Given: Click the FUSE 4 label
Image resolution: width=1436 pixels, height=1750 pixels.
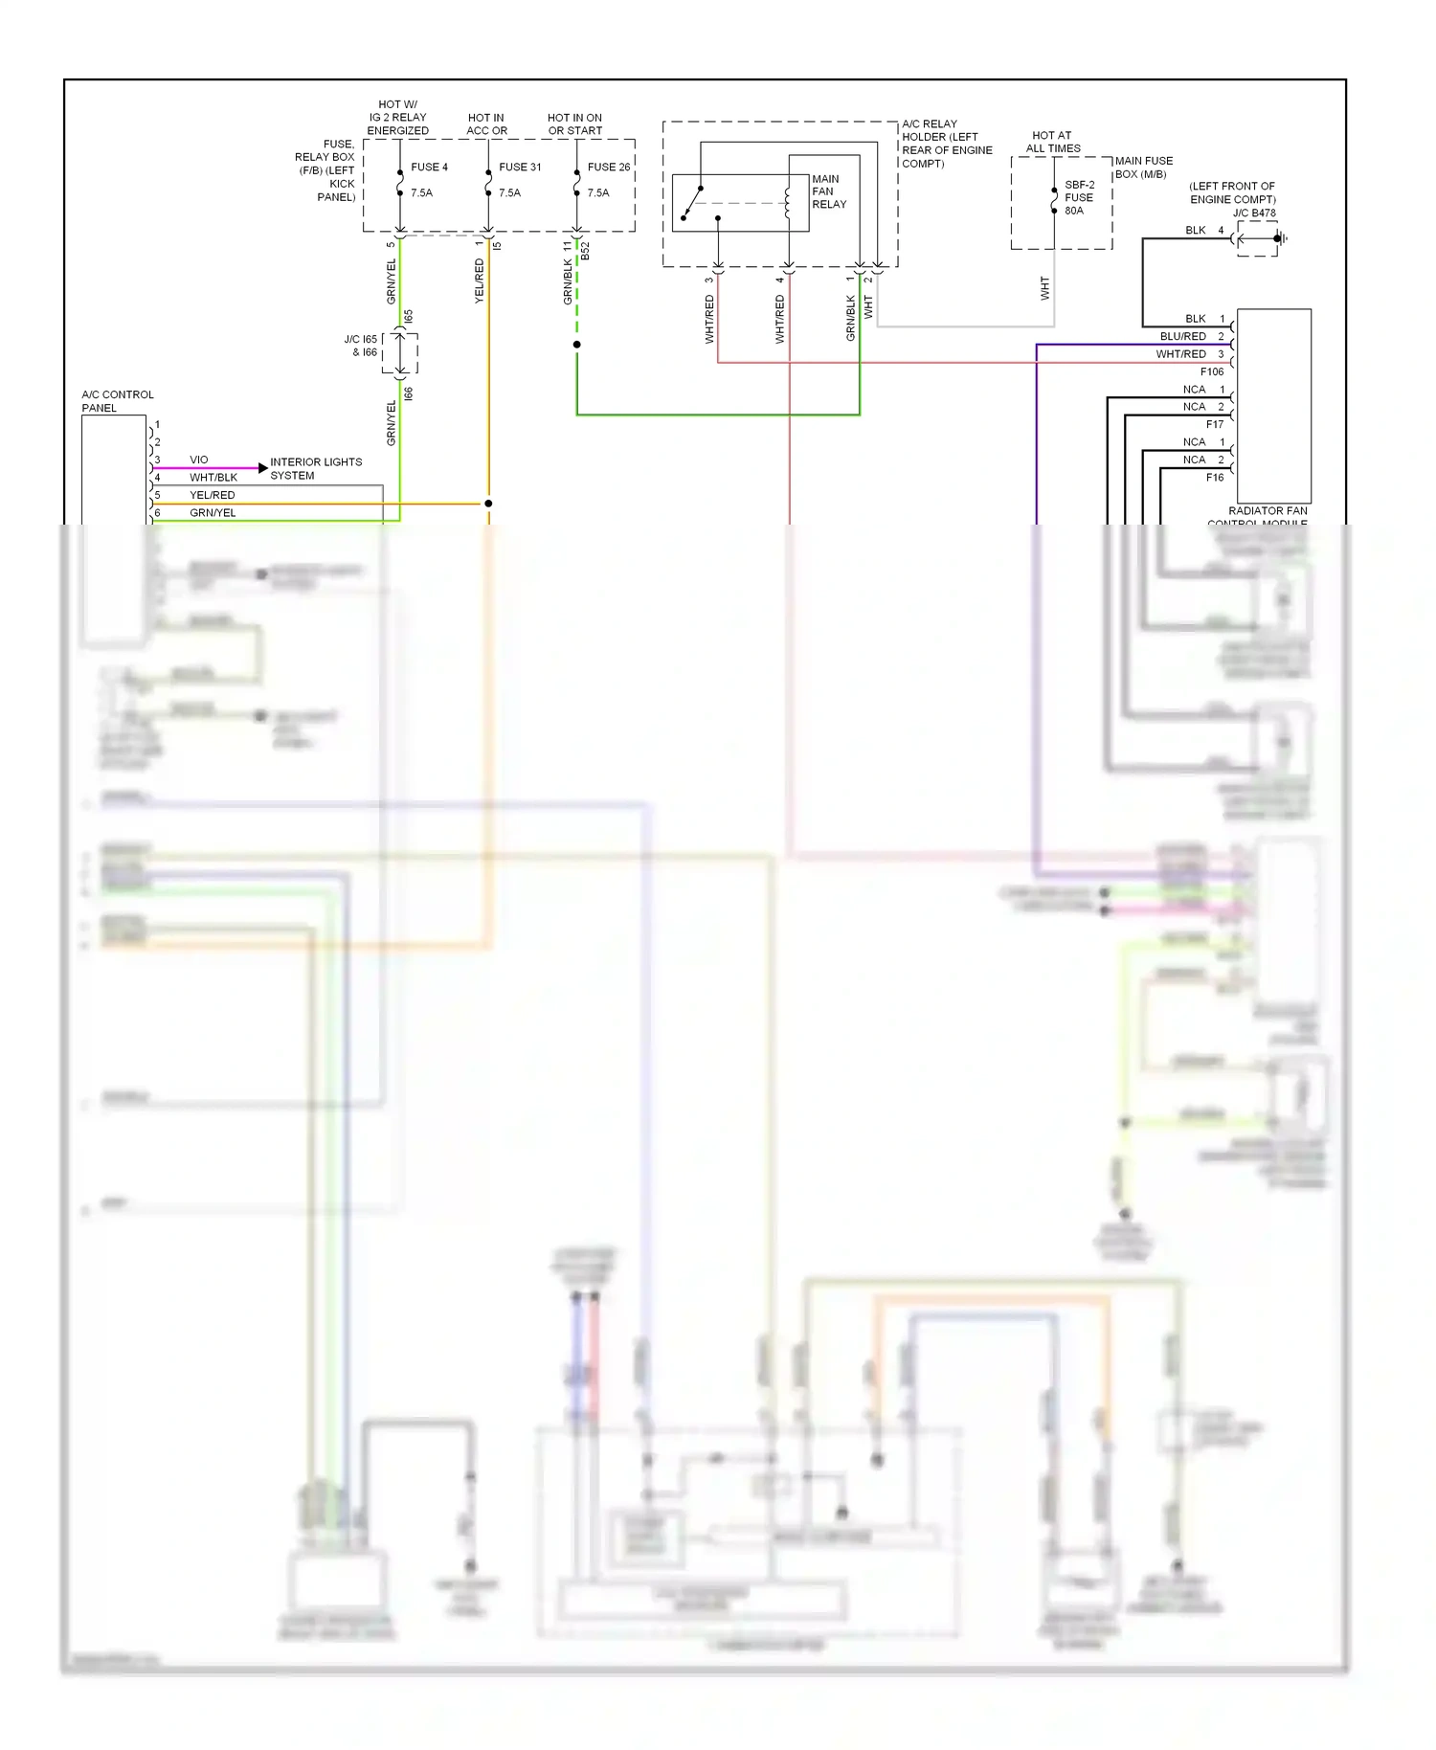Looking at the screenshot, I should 429,167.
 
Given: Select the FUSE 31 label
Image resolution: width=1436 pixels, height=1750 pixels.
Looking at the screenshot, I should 520,167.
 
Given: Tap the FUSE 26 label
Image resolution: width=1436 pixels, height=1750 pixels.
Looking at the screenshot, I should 609,167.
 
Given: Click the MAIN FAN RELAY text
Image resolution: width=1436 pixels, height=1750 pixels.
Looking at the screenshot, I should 828,191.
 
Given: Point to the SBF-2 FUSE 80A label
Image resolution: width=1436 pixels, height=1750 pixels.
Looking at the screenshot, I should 1079,197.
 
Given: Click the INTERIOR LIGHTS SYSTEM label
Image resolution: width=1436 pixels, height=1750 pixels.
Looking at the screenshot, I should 315,468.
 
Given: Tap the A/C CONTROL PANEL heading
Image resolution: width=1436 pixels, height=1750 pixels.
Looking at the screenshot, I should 117,400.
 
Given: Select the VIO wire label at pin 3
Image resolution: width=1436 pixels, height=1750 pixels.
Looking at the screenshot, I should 198,460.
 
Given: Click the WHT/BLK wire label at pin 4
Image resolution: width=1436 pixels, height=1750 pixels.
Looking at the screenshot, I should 213,477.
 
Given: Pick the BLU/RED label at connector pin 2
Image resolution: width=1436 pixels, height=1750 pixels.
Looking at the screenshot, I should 1182,336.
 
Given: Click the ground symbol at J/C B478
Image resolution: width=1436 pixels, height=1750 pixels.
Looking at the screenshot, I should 1281,238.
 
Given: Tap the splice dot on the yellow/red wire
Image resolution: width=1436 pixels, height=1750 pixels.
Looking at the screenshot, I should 488,503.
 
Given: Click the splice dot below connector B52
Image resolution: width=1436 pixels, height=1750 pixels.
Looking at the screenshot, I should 576,344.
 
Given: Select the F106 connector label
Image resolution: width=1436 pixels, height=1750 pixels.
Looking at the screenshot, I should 1211,371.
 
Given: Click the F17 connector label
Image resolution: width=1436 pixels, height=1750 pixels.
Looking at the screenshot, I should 1214,424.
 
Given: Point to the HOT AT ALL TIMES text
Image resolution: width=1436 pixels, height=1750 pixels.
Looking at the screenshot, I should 1052,142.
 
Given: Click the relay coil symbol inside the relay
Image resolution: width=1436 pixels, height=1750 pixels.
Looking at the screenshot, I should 787,202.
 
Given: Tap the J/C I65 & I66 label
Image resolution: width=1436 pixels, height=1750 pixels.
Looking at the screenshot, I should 361,346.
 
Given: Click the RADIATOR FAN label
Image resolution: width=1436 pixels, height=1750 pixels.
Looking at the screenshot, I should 1267,510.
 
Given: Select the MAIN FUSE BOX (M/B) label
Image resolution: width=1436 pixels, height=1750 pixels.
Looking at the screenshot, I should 1143,167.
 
